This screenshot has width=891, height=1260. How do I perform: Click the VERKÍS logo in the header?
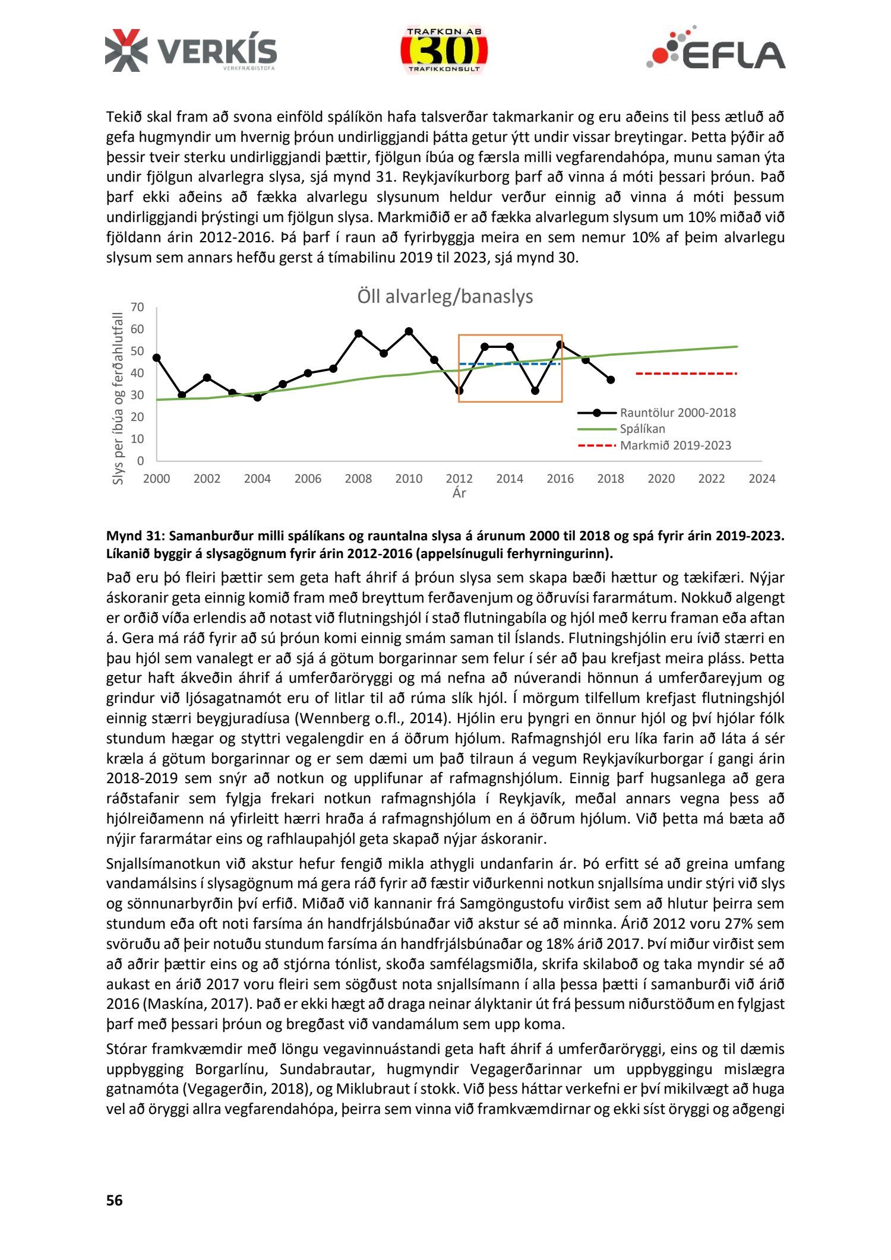click(x=191, y=51)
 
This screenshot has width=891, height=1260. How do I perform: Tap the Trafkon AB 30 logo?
click(x=444, y=51)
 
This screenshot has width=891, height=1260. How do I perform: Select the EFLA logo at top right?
click(x=716, y=49)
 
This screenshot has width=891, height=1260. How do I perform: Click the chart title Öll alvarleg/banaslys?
click(x=445, y=296)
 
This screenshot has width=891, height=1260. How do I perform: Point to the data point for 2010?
click(x=409, y=331)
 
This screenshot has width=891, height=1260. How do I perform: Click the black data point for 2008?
click(x=358, y=334)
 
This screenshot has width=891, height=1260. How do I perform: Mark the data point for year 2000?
click(x=156, y=357)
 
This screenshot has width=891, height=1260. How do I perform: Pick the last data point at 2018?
click(x=611, y=379)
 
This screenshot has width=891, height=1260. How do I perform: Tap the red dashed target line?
click(x=686, y=373)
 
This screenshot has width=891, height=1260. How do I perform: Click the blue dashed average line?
click(x=510, y=364)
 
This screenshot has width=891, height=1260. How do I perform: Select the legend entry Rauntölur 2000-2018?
click(x=677, y=413)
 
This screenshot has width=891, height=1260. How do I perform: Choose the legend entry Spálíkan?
click(x=642, y=429)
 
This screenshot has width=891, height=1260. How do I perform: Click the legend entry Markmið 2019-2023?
click(x=675, y=445)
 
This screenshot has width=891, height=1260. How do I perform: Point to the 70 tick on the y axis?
click(x=137, y=307)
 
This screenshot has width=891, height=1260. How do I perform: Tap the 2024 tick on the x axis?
click(x=762, y=479)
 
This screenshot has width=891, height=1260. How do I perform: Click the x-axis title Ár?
click(x=459, y=493)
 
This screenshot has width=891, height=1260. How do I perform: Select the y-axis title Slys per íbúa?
click(x=118, y=398)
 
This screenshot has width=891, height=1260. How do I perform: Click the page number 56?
click(x=114, y=1200)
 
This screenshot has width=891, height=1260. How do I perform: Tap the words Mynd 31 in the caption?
click(x=133, y=536)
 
